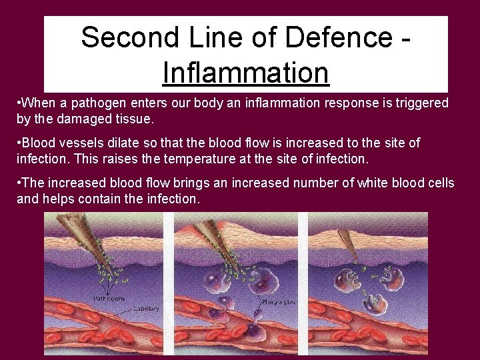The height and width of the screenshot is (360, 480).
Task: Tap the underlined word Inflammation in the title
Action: (x=245, y=73)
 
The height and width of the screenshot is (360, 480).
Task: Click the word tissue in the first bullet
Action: (x=134, y=119)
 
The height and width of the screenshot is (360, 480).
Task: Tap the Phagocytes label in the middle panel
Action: (x=277, y=301)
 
